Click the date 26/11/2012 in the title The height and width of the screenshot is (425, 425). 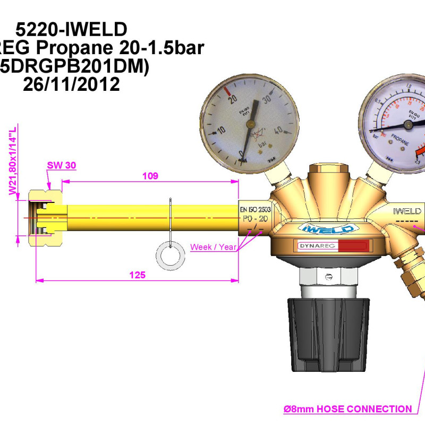click(x=71, y=84)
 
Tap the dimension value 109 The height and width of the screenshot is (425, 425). click(x=151, y=176)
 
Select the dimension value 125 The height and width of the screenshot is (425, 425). click(x=137, y=274)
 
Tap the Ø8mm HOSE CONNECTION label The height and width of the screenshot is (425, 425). click(x=348, y=409)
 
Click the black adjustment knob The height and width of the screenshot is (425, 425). click(x=328, y=334)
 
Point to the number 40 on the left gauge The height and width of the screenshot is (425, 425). click(x=277, y=130)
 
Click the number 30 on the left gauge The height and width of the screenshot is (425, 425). click(x=267, y=98)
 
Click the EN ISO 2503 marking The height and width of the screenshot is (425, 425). click(x=256, y=210)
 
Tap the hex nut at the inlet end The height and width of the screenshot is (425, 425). click(x=46, y=217)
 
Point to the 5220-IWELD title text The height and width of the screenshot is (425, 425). click(x=71, y=28)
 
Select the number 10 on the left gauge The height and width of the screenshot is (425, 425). click(x=222, y=130)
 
